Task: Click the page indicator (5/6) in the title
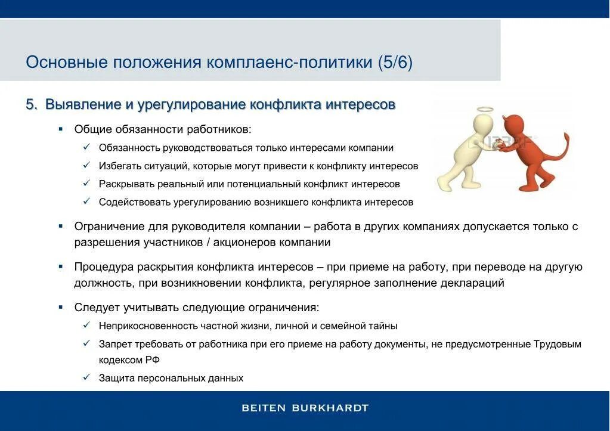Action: click(x=394, y=63)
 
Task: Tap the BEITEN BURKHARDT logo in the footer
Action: click(x=305, y=408)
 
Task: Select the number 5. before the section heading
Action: click(x=31, y=105)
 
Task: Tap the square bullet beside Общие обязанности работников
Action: click(x=61, y=129)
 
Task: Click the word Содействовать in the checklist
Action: click(x=135, y=202)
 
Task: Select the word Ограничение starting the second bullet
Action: click(x=109, y=227)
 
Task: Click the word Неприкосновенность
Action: click(x=148, y=326)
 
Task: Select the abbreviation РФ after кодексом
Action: click(x=152, y=360)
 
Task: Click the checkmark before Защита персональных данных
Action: click(x=86, y=378)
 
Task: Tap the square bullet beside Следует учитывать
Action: click(x=61, y=308)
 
